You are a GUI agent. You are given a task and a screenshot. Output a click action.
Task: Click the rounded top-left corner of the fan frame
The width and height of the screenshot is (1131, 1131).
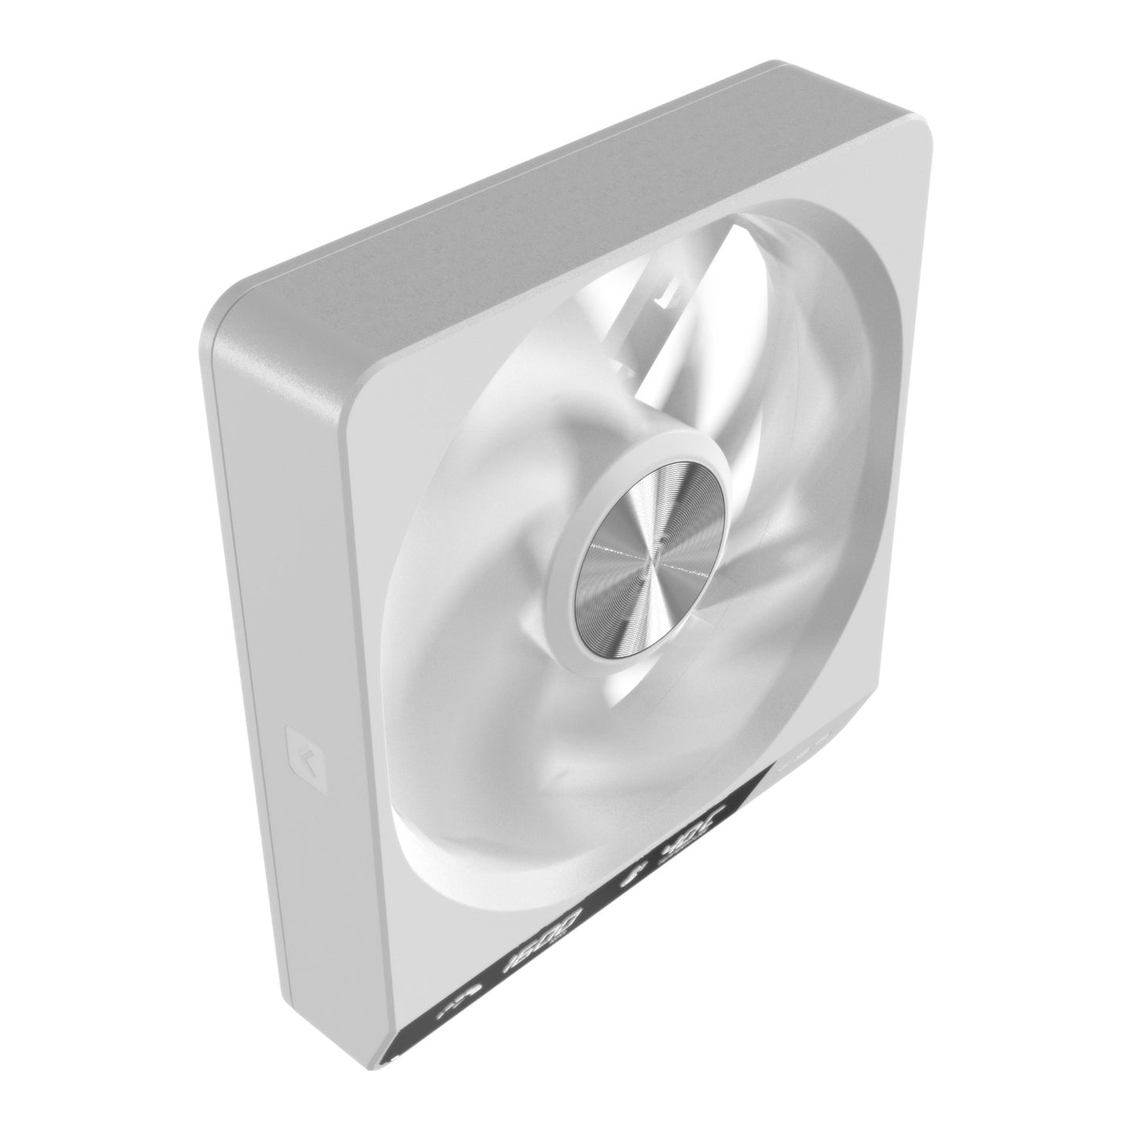(x=227, y=313)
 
